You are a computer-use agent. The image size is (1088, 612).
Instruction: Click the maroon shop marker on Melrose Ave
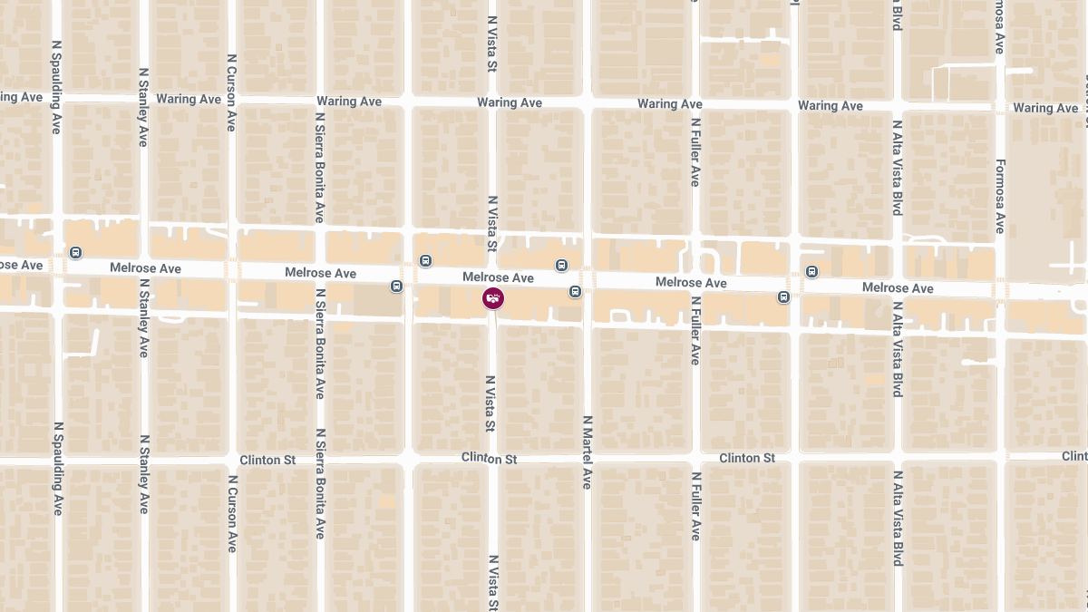[493, 298]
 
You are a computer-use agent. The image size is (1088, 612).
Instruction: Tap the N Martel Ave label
[587, 452]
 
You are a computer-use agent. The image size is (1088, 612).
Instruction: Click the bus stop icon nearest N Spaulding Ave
[76, 253]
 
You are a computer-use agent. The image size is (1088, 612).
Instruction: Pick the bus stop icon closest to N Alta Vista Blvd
[811, 271]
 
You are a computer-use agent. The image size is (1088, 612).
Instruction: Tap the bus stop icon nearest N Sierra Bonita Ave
[396, 287]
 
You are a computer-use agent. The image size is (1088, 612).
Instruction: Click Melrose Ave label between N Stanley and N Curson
[145, 268]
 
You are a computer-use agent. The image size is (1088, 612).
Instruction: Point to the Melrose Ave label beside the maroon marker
[498, 277]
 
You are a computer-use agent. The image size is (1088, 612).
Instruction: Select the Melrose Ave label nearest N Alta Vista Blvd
[898, 288]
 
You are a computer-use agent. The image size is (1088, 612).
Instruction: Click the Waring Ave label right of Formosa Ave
[1045, 108]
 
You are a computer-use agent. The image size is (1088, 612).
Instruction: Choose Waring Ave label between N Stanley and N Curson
[189, 99]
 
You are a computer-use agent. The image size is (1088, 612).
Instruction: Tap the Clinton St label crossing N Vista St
[489, 459]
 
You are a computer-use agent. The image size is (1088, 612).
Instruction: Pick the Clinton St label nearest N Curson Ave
[267, 461]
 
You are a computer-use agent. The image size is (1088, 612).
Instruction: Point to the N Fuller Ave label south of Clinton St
[695, 506]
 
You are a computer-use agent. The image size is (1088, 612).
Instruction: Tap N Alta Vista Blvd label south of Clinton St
[897, 519]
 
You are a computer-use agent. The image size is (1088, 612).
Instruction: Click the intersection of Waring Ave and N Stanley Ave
[143, 96]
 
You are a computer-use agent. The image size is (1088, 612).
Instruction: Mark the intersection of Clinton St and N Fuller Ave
[695, 457]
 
